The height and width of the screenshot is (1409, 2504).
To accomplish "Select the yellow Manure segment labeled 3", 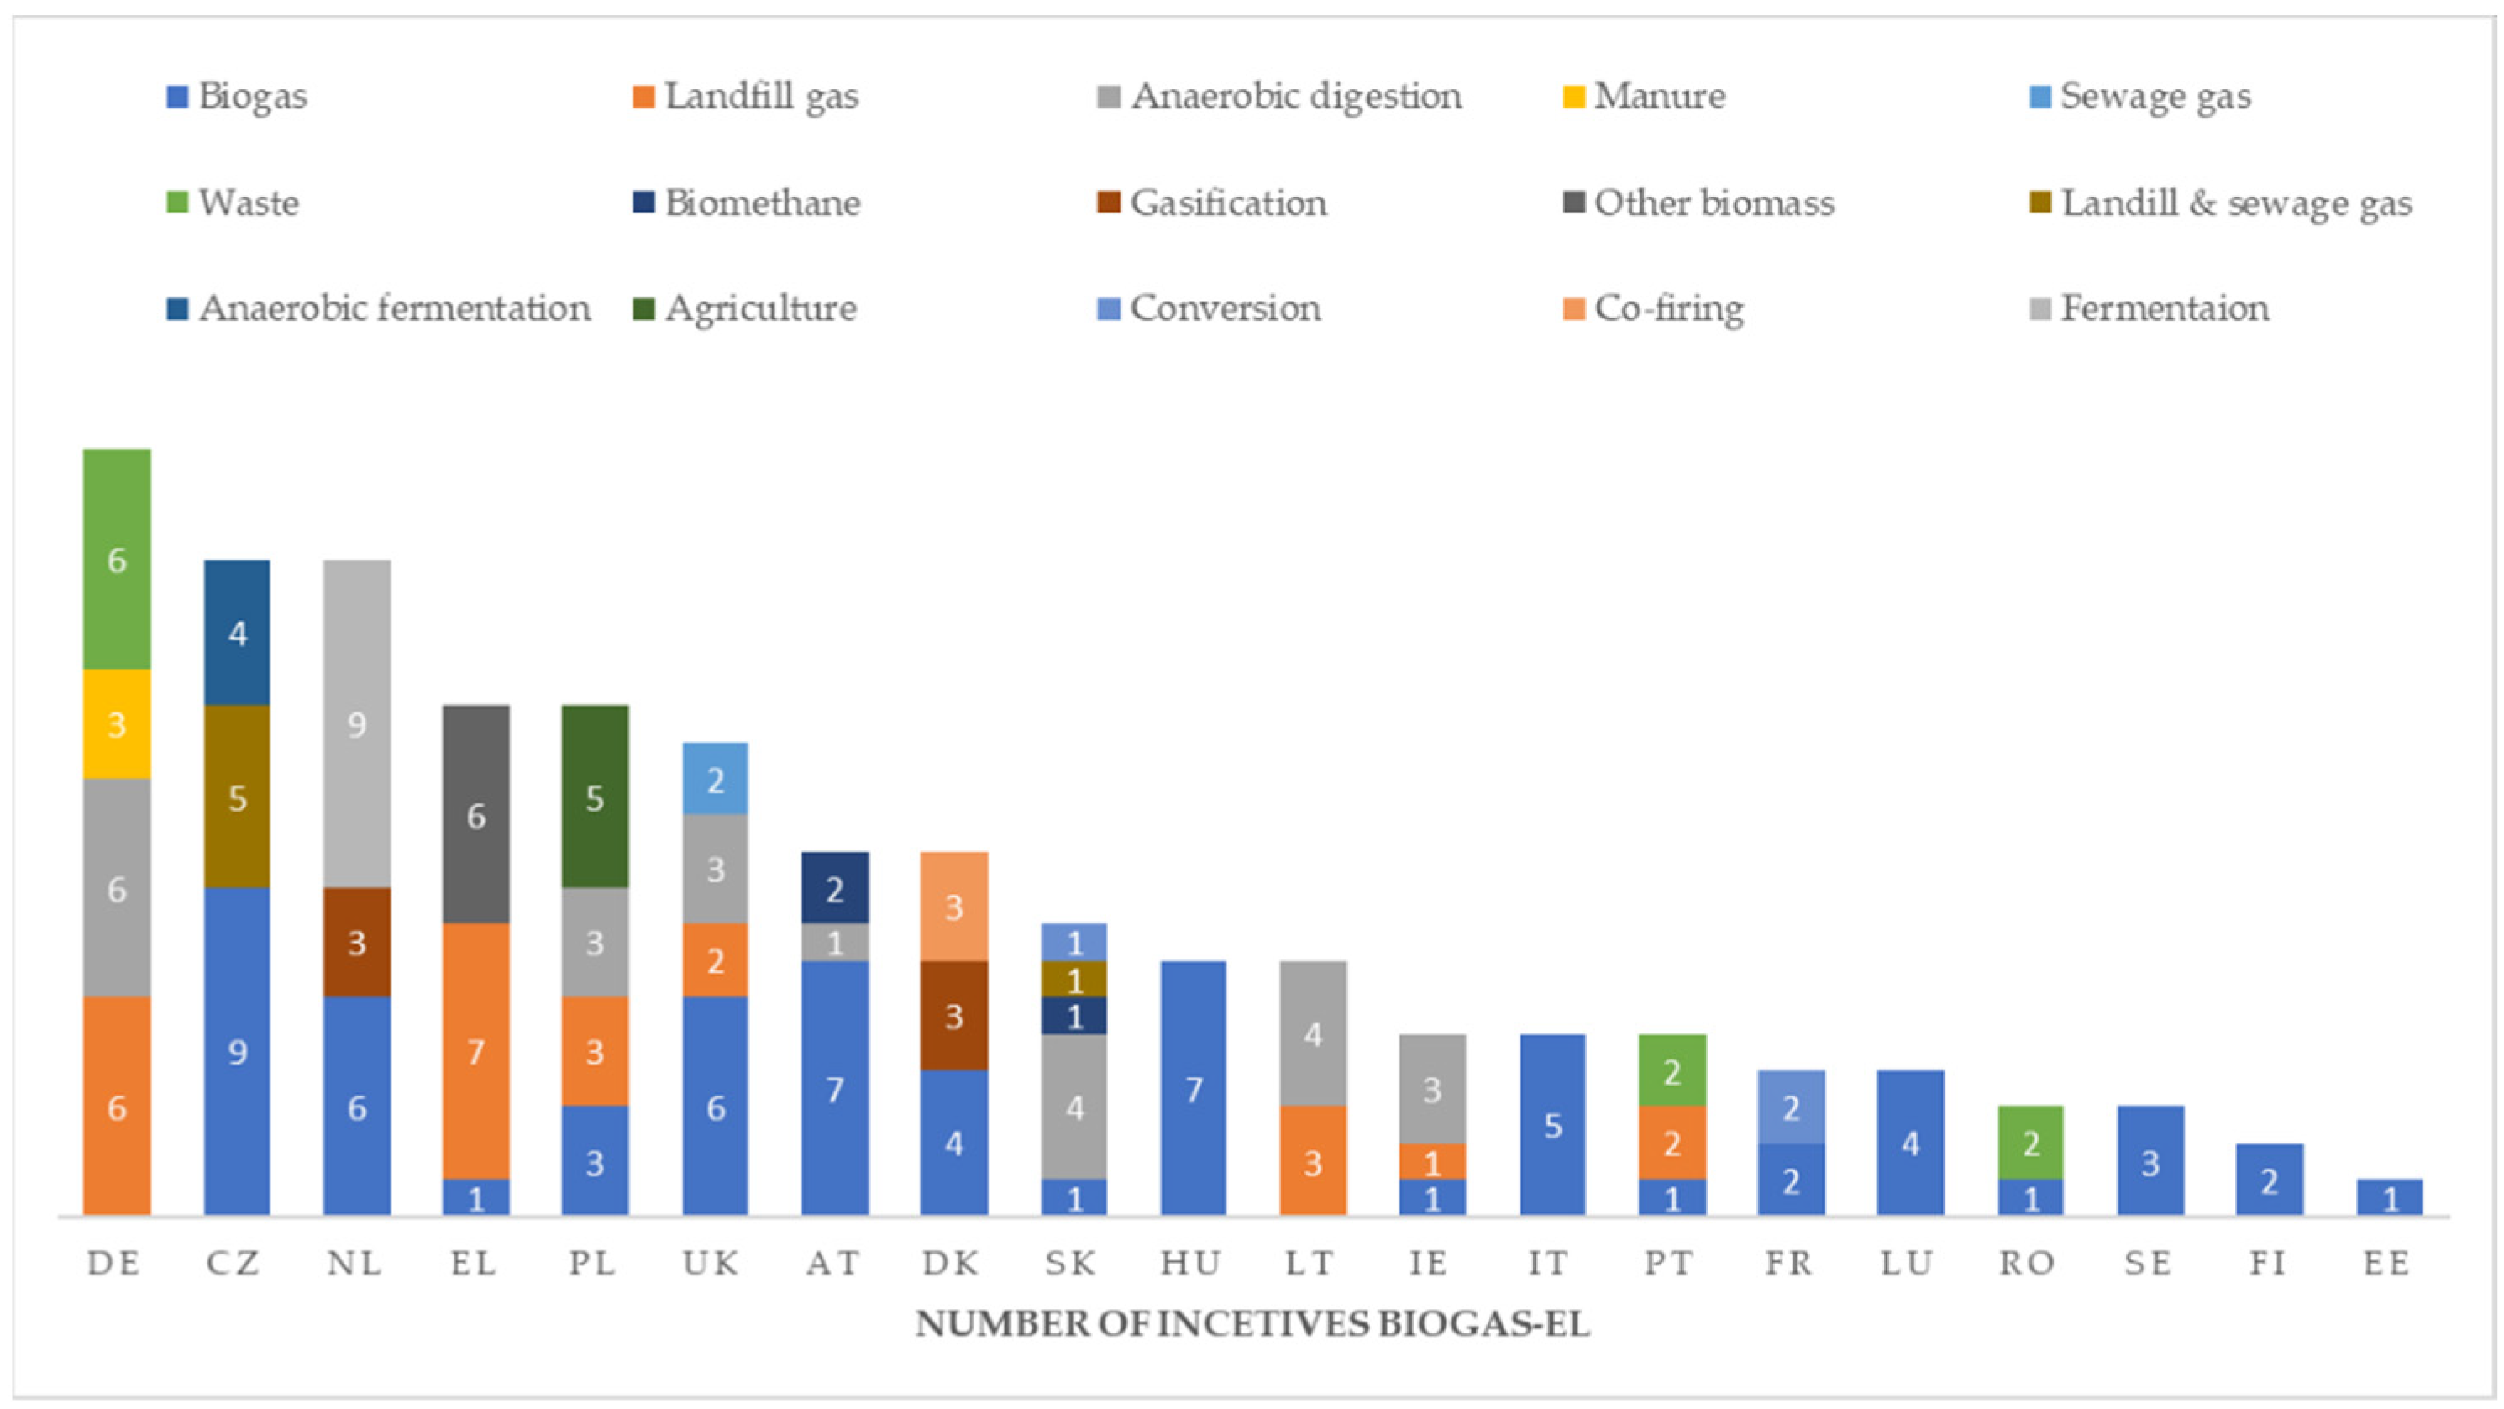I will [x=117, y=723].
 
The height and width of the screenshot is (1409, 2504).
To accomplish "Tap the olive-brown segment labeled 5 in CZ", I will [x=237, y=797].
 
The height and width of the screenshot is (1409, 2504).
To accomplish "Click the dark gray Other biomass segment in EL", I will [x=475, y=814].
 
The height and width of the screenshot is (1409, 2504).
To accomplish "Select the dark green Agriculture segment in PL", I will [x=595, y=797].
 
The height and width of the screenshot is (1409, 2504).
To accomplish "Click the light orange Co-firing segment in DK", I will [x=953, y=907].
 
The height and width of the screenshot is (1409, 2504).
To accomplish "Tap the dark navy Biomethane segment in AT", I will [x=834, y=887].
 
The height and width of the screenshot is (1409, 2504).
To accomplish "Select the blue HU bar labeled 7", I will [x=1193, y=1088].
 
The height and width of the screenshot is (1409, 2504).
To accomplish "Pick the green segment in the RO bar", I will [x=2030, y=1143].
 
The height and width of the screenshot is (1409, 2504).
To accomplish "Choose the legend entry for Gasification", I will [x=1226, y=203].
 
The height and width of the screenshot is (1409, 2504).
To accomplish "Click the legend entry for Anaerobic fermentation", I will [x=394, y=308].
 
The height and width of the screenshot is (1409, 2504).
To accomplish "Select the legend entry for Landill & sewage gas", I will [x=2236, y=203].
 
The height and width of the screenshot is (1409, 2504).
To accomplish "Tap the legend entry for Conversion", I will [x=1224, y=308].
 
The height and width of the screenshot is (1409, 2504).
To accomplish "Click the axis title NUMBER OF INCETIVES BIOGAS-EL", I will [x=1252, y=1324].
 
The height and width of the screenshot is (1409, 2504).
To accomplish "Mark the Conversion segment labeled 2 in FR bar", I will [x=1791, y=1107].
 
